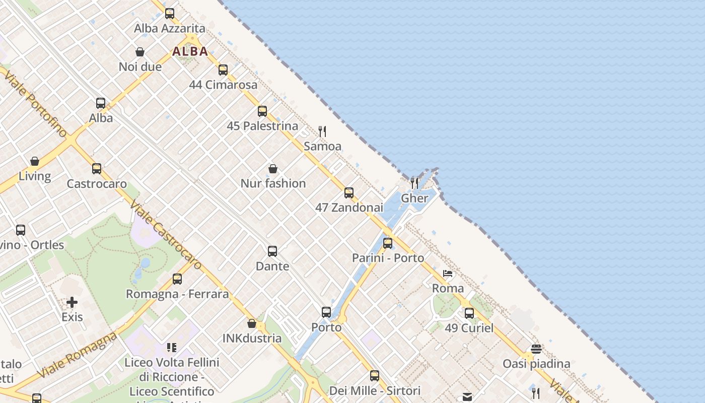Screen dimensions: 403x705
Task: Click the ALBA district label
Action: click(x=190, y=51)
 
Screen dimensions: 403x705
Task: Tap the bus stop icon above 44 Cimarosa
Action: click(x=223, y=70)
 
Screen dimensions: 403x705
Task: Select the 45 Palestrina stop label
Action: click(x=262, y=126)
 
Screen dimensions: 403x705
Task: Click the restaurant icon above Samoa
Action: click(x=322, y=131)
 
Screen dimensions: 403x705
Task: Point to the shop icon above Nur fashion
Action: click(x=273, y=169)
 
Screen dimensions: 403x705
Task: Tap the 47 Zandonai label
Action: click(x=349, y=208)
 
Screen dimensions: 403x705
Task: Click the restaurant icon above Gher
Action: click(x=414, y=182)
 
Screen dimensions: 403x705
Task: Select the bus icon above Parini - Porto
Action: click(x=388, y=243)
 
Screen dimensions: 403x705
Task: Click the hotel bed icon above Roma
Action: click(x=448, y=274)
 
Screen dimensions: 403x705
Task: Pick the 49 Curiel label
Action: click(x=469, y=328)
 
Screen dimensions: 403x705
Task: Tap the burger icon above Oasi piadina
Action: click(x=536, y=349)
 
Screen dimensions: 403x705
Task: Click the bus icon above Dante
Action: click(x=272, y=251)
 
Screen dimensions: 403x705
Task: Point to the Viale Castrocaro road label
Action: click(x=165, y=235)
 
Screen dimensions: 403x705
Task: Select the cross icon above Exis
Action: click(x=72, y=302)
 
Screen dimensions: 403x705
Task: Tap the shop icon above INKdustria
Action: click(x=252, y=323)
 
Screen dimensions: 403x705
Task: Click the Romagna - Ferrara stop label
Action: click(x=177, y=294)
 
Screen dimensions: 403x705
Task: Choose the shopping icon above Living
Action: click(x=35, y=161)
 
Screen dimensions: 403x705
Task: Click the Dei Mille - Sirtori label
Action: click(x=375, y=391)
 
